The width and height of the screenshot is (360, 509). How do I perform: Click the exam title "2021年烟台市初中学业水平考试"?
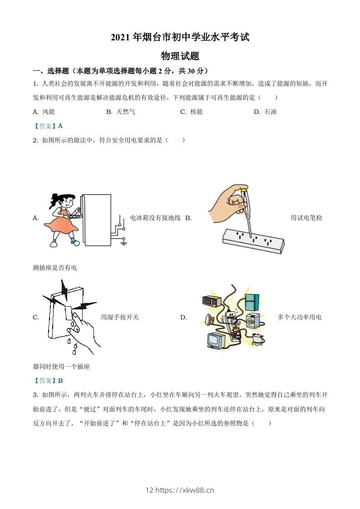point(180,38)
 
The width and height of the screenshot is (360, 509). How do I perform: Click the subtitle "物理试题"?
point(180,56)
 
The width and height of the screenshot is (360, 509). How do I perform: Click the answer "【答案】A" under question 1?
point(48,126)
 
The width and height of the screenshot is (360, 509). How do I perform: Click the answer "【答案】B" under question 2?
point(48,381)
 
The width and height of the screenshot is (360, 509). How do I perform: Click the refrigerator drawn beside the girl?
point(97,220)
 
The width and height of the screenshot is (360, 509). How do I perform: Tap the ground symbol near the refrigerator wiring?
point(123,243)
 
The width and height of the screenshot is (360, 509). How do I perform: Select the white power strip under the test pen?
point(252,240)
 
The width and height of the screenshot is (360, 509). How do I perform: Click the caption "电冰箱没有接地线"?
point(155,218)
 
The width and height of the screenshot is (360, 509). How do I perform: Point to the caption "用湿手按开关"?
point(120,317)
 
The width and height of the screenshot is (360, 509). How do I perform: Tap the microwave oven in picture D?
point(212,301)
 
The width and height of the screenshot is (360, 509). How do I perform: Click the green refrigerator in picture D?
point(252,301)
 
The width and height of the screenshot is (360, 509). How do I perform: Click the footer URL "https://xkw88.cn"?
point(185,490)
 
